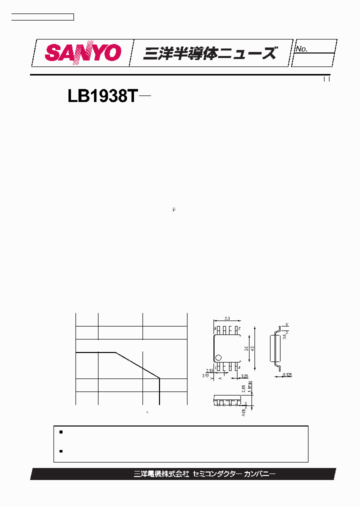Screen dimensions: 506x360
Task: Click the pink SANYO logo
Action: click(x=83, y=53)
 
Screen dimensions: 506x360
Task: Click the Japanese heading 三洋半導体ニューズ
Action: click(x=209, y=53)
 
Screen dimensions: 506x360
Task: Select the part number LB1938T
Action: click(x=102, y=96)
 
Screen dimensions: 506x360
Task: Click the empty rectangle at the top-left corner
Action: click(x=42, y=17)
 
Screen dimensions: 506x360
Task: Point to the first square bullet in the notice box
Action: click(x=60, y=431)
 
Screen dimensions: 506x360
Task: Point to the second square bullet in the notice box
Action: click(x=60, y=451)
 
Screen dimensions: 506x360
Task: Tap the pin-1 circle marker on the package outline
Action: click(x=218, y=357)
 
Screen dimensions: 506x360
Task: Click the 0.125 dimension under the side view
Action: click(x=287, y=374)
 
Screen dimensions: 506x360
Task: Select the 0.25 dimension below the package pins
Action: click(x=244, y=375)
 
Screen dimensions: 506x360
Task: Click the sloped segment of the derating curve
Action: click(x=137, y=365)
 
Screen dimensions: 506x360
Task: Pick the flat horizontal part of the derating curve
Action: click(x=95, y=352)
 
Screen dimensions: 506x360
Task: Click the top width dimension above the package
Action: click(x=227, y=318)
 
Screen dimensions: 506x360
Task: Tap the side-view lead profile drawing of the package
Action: click(x=275, y=347)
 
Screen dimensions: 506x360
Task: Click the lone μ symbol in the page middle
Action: click(x=174, y=210)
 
